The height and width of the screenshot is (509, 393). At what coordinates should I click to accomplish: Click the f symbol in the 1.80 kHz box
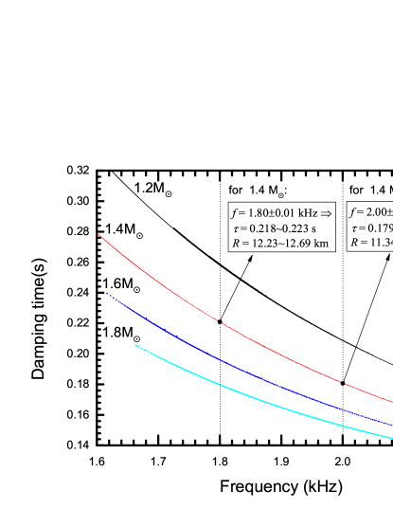(235, 212)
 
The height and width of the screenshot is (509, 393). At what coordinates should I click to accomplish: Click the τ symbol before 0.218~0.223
(236, 228)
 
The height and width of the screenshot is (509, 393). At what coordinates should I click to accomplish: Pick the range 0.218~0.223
(277, 228)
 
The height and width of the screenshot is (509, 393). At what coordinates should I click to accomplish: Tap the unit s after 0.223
(313, 228)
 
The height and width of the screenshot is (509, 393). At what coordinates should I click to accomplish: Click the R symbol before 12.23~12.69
(236, 244)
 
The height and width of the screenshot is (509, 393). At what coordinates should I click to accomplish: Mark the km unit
(322, 244)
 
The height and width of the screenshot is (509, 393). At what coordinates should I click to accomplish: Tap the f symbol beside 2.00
(353, 212)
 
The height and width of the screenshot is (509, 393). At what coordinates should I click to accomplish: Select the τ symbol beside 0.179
(354, 228)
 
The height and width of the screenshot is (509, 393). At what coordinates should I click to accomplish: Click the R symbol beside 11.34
(354, 243)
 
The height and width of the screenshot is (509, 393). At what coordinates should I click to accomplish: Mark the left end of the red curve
(98, 234)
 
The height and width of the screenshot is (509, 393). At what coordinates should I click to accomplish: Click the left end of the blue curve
(107, 294)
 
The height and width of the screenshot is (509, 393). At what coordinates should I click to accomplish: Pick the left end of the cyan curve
(135, 345)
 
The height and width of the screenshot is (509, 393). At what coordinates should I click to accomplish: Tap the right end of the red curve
(391, 402)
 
